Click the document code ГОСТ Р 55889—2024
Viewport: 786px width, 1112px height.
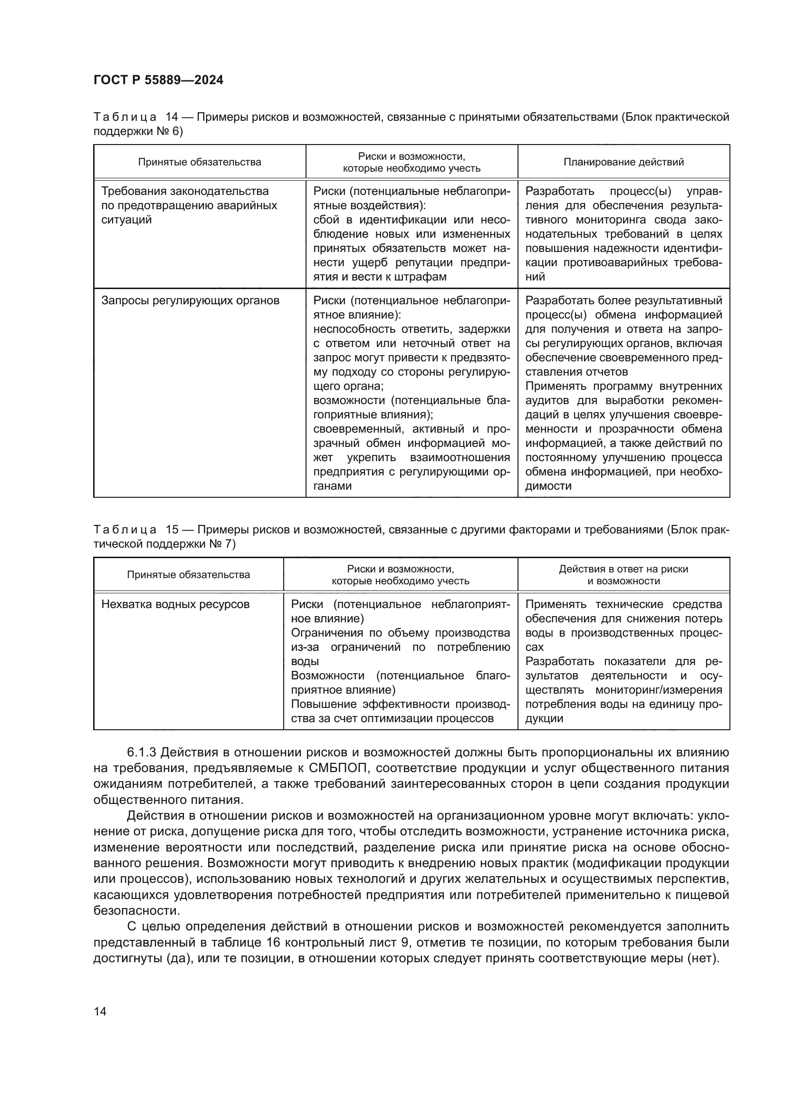pos(158,80)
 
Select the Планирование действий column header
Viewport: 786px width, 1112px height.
pos(623,162)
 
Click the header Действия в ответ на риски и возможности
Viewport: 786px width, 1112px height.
pos(623,575)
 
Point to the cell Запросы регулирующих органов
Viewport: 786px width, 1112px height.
pos(190,301)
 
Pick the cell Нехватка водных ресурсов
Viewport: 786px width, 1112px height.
pos(175,604)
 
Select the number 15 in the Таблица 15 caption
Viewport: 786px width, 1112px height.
pos(173,530)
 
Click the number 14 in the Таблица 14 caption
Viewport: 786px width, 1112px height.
pos(173,117)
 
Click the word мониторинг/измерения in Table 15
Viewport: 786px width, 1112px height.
pos(659,690)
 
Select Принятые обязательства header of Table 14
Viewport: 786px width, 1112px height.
pos(200,162)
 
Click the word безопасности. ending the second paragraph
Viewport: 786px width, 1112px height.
pos(136,910)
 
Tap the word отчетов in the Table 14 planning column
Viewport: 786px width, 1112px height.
pos(605,372)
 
